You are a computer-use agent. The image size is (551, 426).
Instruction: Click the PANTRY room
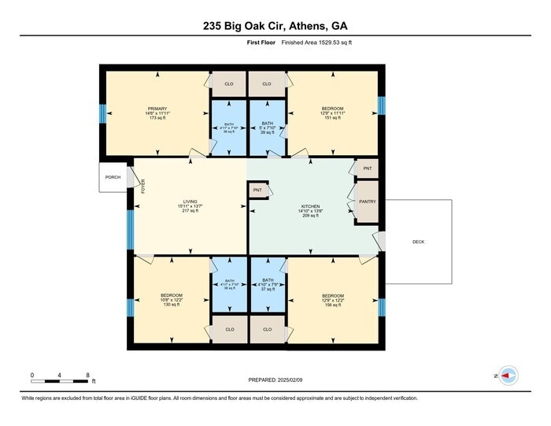pyautogui.click(x=368, y=202)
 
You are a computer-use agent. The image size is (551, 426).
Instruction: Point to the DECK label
pyautogui.click(x=418, y=242)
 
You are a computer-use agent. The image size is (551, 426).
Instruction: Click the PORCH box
pyautogui.click(x=113, y=178)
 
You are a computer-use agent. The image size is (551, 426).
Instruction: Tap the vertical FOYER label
pyautogui.click(x=143, y=186)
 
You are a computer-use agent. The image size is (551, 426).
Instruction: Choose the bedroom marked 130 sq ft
pyautogui.click(x=172, y=299)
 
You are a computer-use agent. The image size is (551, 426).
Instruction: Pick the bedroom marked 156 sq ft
pyautogui.click(x=332, y=299)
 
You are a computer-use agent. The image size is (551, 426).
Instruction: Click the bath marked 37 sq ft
pyautogui.click(x=267, y=285)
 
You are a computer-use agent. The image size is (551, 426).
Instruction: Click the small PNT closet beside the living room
pyautogui.click(x=257, y=190)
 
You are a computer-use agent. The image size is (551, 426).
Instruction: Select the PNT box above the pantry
pyautogui.click(x=367, y=169)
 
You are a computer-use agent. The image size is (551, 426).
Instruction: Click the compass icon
pyautogui.click(x=508, y=376)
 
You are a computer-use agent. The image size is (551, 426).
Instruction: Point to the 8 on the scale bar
pyautogui.click(x=87, y=375)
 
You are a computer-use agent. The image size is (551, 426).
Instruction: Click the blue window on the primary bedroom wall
pyautogui.click(x=102, y=113)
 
